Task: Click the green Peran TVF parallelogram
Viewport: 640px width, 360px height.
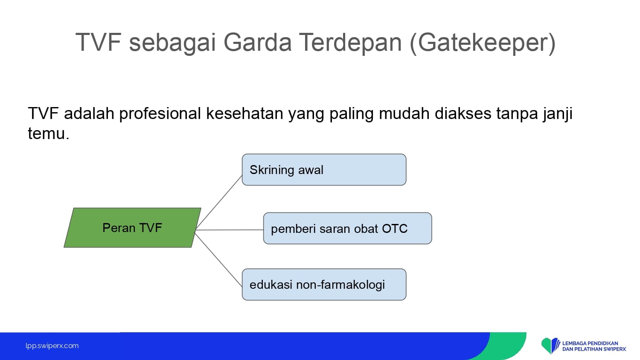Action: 133,228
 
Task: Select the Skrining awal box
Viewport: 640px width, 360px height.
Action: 324,170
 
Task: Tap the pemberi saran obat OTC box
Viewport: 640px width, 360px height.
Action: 347,228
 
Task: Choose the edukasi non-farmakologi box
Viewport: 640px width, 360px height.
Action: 324,285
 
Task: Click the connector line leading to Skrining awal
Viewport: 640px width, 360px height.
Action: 219,202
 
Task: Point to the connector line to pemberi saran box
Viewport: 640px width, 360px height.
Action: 230,230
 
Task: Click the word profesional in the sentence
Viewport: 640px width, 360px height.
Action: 160,114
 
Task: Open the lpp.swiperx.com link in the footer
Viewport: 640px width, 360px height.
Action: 52,346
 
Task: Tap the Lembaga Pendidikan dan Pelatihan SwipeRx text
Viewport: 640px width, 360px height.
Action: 594,346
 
